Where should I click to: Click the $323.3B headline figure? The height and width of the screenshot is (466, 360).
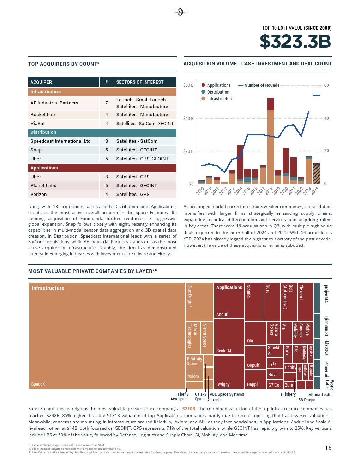click(x=295, y=41)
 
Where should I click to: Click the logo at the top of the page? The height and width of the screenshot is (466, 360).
click(x=180, y=12)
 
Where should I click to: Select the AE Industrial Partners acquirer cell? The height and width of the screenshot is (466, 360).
click(x=54, y=103)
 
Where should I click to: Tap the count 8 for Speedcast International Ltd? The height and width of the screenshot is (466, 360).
click(x=107, y=141)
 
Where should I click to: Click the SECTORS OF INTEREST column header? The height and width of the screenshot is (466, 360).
click(x=140, y=82)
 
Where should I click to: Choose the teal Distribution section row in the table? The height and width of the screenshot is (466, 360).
click(x=102, y=132)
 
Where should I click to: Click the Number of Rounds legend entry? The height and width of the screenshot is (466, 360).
click(x=262, y=85)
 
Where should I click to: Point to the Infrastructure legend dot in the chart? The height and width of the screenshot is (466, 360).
click(x=203, y=99)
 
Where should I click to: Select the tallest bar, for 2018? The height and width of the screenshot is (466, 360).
click(x=270, y=141)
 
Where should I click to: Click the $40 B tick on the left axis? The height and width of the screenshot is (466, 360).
click(x=188, y=119)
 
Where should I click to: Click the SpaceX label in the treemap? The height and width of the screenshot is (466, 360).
click(x=38, y=384)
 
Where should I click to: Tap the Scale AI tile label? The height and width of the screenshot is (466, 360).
click(x=224, y=351)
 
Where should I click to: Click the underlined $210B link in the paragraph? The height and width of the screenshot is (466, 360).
click(x=189, y=409)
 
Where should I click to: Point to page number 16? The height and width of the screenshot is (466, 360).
click(x=328, y=448)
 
